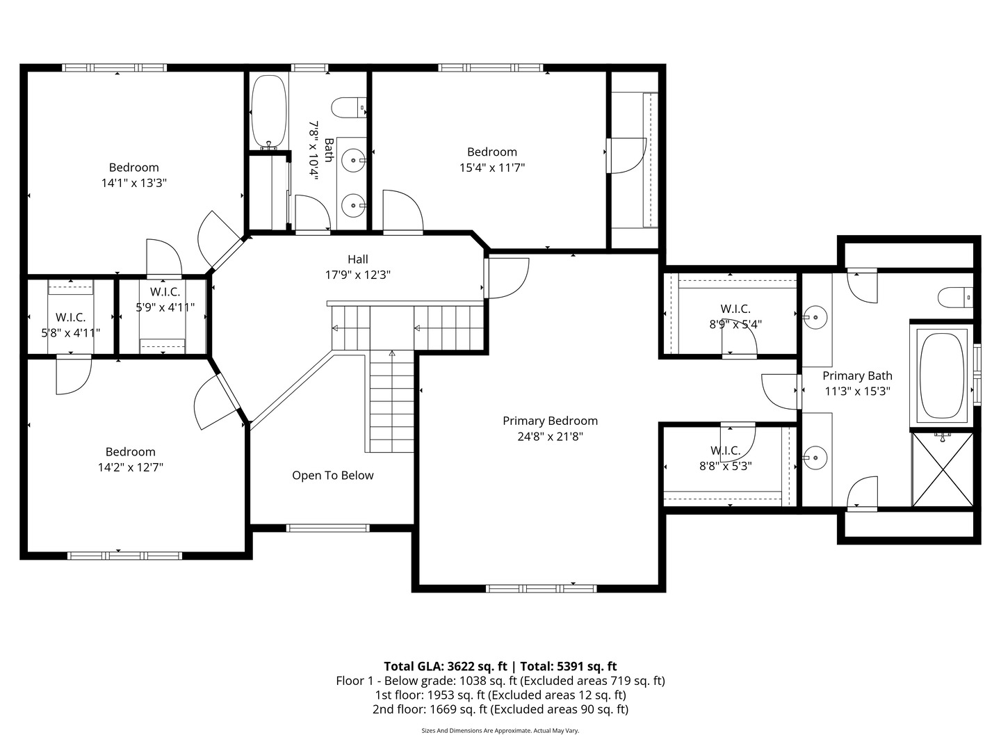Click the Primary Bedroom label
click(x=550, y=421)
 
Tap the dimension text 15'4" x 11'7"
click(x=491, y=168)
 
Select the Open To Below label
click(x=332, y=476)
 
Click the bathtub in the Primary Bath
click(x=942, y=376)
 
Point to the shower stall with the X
click(x=943, y=469)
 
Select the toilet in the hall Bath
click(x=348, y=108)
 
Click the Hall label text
click(x=358, y=259)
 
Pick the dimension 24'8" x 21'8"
click(x=550, y=437)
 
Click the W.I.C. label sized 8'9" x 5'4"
click(x=735, y=309)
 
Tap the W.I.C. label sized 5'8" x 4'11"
click(x=70, y=318)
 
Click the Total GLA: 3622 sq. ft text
click(x=445, y=666)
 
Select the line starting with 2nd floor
click(x=500, y=709)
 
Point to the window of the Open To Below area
click(x=328, y=528)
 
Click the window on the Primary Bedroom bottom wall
click(x=541, y=588)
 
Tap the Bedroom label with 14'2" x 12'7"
click(x=130, y=452)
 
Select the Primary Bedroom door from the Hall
click(x=505, y=277)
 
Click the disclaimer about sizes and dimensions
click(x=500, y=731)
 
